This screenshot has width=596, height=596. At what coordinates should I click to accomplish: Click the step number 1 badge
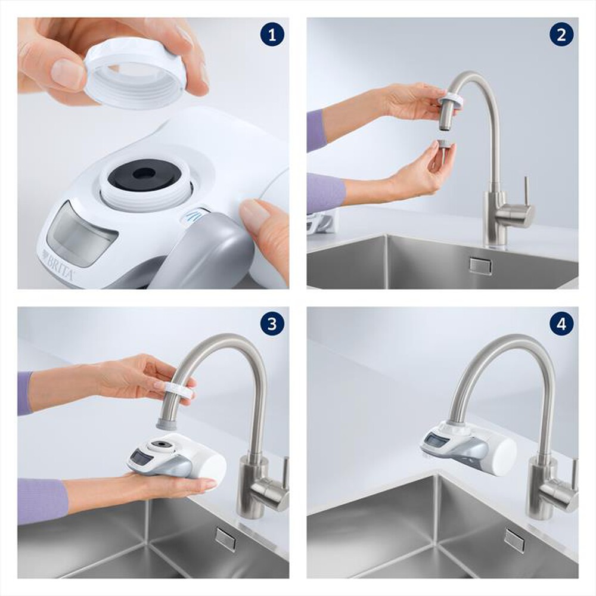(x=272, y=35)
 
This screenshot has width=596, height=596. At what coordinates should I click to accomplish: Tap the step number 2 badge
(x=561, y=35)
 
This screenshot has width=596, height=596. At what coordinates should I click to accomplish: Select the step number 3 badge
(x=272, y=324)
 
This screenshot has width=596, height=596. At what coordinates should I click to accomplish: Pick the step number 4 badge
(x=561, y=324)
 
